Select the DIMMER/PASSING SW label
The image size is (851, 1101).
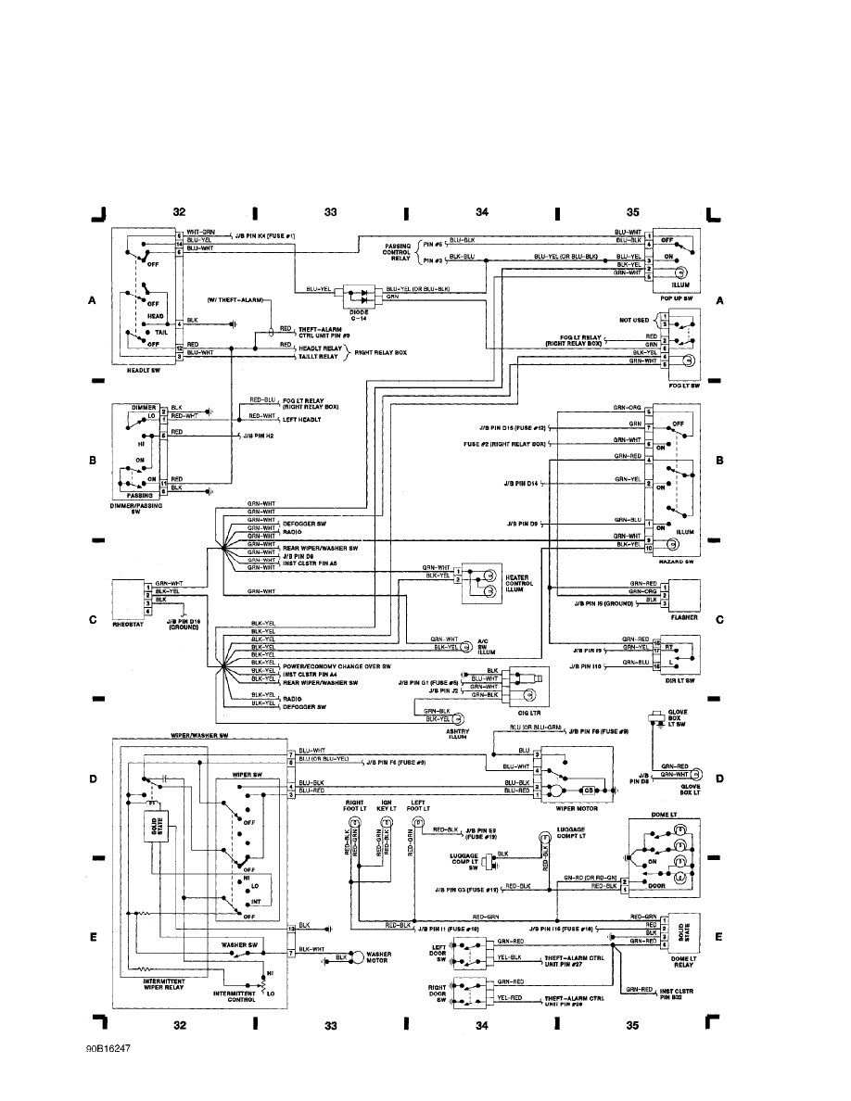pos(135,507)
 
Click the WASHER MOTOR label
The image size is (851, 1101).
pos(378,957)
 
